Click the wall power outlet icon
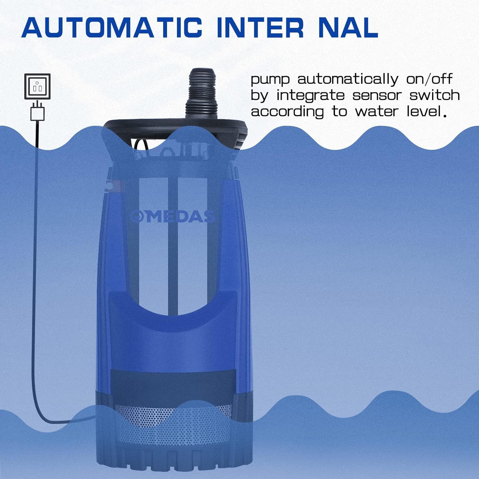[x=37, y=87]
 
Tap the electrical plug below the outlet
[x=37, y=112]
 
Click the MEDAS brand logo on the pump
[x=172, y=217]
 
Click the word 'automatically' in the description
[x=348, y=79]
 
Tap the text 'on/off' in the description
[x=429, y=79]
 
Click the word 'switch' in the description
[x=435, y=95]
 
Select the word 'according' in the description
[x=287, y=112]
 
